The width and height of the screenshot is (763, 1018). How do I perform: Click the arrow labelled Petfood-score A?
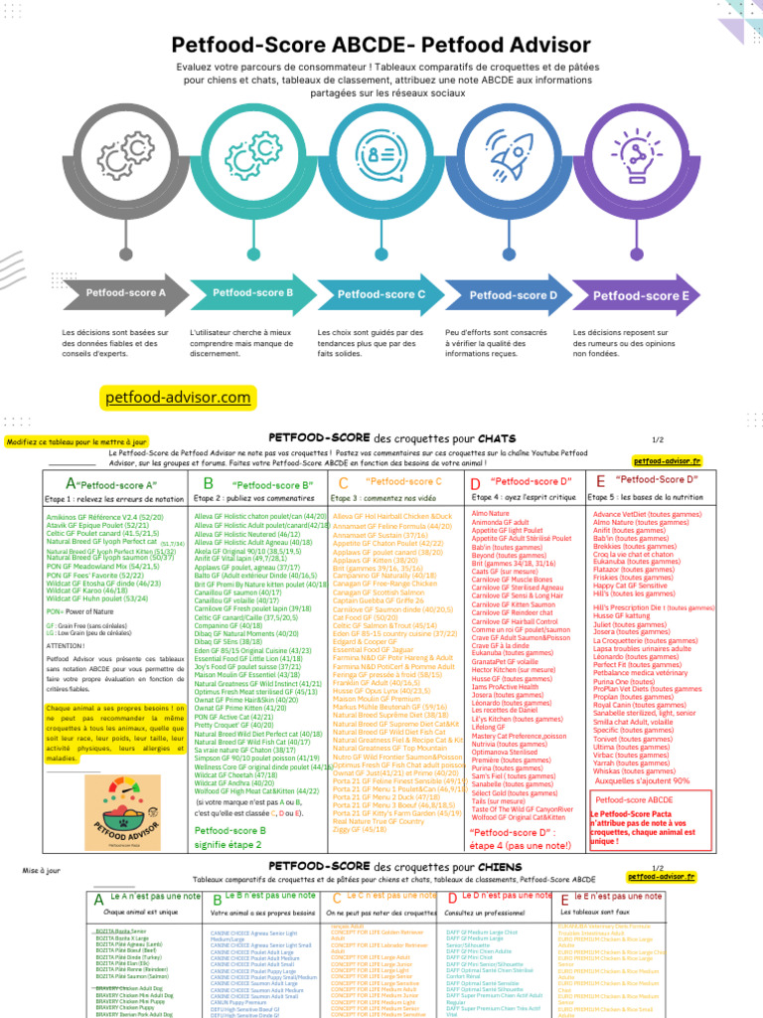126,293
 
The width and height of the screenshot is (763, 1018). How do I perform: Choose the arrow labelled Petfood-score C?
381,294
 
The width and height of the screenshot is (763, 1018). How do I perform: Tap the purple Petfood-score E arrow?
641,295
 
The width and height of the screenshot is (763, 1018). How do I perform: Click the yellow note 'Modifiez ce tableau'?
77,441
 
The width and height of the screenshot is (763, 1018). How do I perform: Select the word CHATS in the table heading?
497,437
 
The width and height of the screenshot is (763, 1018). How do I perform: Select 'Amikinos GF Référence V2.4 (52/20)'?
105,517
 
